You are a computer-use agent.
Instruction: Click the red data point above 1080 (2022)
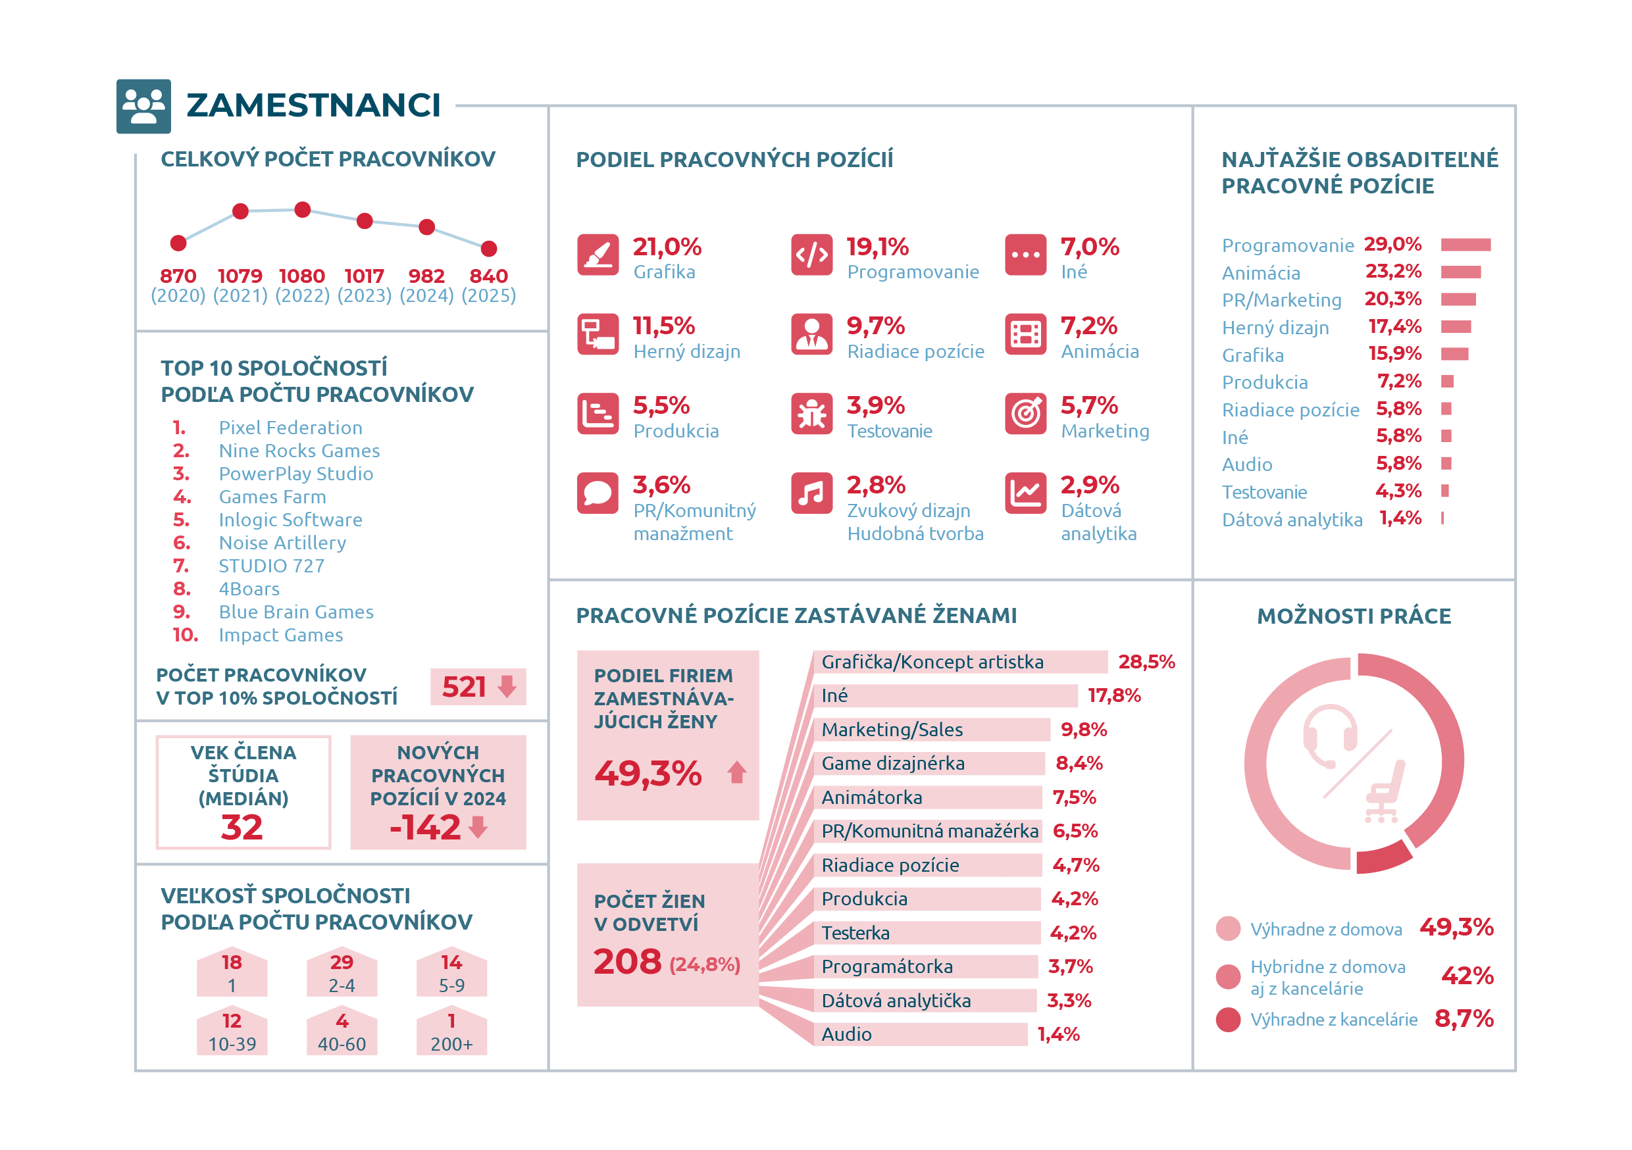(302, 210)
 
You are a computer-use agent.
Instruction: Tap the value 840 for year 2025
(488, 276)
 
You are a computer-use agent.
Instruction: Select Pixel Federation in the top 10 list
(291, 427)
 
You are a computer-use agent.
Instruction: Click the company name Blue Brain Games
(295, 612)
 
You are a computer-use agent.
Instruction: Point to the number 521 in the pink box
(463, 687)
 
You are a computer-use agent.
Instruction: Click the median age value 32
(242, 828)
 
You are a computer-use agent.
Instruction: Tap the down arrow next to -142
(478, 826)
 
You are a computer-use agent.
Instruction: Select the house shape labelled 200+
(451, 1032)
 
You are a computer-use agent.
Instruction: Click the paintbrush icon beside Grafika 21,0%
(598, 255)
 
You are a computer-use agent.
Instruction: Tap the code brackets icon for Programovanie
(812, 255)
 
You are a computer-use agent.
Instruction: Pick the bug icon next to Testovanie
(812, 414)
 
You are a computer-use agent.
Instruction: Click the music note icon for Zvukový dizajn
(812, 493)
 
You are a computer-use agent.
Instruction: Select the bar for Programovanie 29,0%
(1466, 245)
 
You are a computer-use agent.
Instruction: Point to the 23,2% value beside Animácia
(1393, 271)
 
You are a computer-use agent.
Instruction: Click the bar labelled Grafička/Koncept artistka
(960, 662)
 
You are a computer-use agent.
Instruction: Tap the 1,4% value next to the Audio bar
(1058, 1034)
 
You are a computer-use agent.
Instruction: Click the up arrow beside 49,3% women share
(737, 772)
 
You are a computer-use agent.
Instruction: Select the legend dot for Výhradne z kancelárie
(1228, 1019)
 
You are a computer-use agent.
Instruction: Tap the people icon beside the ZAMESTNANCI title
(143, 106)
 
